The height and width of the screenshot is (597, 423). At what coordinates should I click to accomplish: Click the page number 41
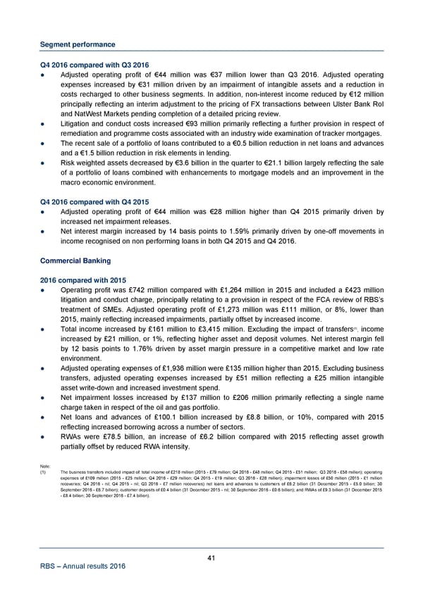click(x=211, y=558)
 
